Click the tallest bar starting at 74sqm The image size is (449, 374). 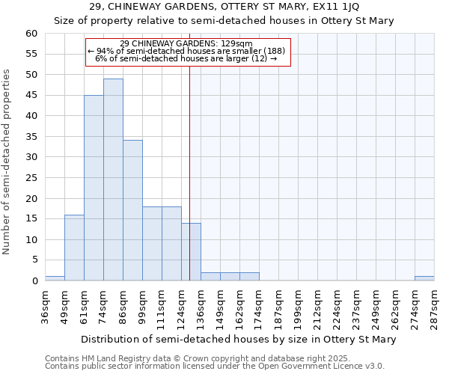[x=113, y=180]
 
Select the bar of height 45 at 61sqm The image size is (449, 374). [x=94, y=188]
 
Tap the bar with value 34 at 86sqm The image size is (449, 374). [x=132, y=210]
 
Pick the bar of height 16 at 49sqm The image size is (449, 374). [x=74, y=248]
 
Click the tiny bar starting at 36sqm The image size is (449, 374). [x=55, y=278]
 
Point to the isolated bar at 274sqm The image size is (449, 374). [x=424, y=278]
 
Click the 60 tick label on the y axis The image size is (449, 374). [x=31, y=34]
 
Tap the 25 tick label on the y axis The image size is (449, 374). [x=31, y=178]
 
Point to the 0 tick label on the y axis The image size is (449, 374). [x=34, y=281]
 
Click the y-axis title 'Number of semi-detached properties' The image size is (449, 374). [x=7, y=162]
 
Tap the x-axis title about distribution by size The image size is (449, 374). [x=238, y=340]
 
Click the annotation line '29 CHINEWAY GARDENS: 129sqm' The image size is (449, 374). [x=187, y=43]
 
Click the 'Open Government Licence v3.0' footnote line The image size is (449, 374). [x=214, y=367]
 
